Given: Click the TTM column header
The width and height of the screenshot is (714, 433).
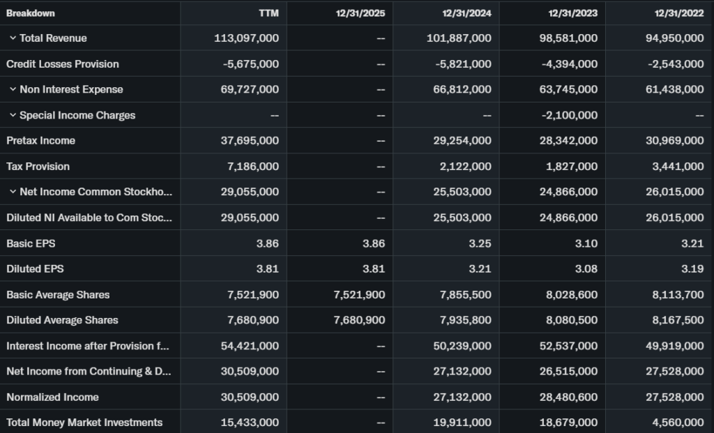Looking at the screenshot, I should (268, 13).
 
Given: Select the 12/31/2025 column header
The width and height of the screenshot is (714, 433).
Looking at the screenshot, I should (360, 13).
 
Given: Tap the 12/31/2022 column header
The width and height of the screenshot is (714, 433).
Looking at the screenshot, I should (679, 13).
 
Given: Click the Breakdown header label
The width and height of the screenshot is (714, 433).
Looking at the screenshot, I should (31, 13).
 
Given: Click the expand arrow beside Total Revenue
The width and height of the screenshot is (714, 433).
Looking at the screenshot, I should (13, 38).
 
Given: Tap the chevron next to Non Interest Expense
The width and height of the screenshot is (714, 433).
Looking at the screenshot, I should (13, 89).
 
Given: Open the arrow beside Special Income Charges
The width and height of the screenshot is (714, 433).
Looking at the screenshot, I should (13, 115).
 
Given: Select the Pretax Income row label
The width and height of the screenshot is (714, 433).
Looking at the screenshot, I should (40, 141).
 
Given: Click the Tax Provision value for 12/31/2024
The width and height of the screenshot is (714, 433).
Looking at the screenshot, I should (464, 167).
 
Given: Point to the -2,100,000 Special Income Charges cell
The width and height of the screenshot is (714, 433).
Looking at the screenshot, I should (569, 115).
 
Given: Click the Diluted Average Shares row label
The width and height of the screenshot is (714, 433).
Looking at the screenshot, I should (62, 320).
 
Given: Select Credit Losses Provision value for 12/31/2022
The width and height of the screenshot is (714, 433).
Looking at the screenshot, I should (674, 64).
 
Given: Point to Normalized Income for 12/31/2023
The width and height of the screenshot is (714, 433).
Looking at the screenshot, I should (568, 397).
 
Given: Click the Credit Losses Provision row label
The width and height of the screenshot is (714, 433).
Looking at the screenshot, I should (62, 64).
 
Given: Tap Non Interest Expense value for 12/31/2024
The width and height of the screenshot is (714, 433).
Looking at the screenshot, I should (462, 89).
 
